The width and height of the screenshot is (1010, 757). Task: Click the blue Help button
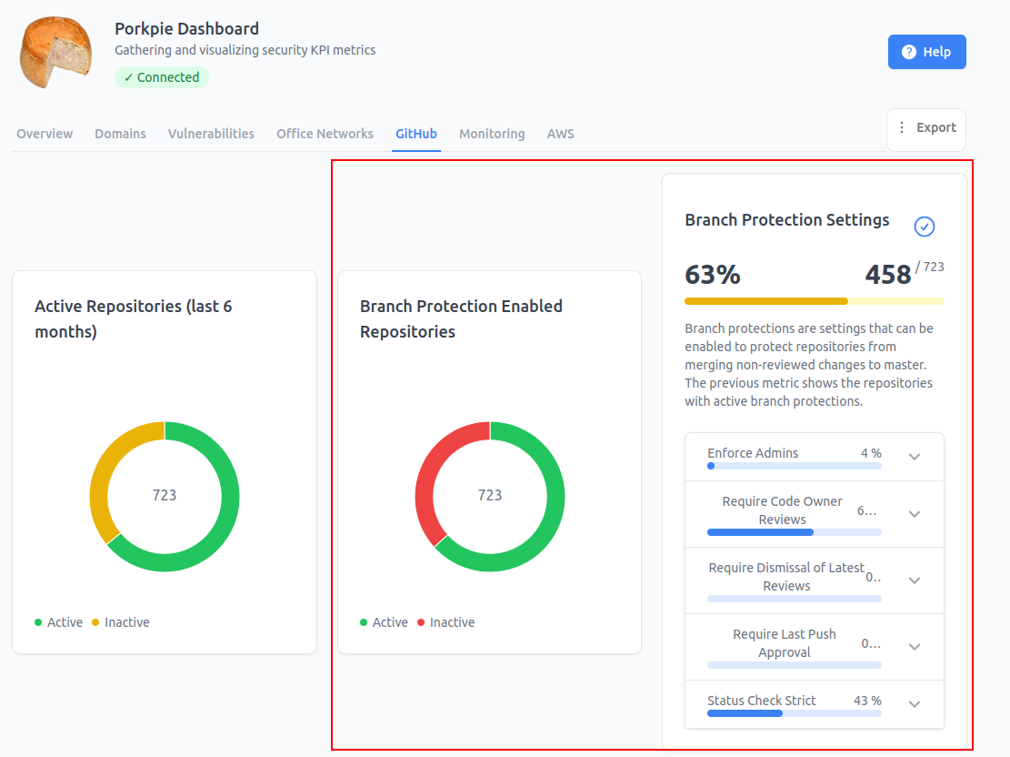926,52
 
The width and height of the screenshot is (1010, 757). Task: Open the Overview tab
45,134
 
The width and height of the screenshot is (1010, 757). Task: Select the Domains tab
120,134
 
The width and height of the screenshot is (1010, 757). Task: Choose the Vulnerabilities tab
211,134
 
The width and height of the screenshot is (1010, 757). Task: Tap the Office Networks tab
325,134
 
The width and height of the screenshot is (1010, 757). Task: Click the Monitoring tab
492,134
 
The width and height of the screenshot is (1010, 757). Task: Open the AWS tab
560,134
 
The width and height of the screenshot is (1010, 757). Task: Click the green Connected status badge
162,77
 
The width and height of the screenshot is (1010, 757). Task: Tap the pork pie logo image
55,52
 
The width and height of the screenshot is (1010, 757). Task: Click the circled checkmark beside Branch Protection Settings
925,227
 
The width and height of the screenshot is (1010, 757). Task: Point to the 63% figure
713,275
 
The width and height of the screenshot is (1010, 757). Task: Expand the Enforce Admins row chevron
914,457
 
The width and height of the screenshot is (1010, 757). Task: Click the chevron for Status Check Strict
914,704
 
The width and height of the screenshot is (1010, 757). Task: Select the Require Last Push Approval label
784,643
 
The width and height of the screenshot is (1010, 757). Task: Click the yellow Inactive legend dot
95,622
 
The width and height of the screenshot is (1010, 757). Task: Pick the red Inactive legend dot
421,622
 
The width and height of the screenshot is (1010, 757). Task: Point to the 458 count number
887,275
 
